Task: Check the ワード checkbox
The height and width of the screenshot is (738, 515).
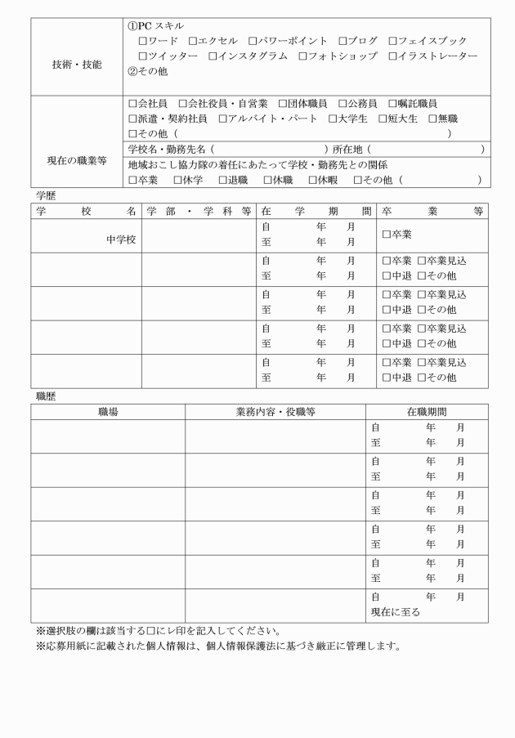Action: pos(143,41)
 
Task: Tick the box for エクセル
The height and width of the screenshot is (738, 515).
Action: pos(192,41)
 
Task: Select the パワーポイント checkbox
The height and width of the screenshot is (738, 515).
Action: pos(253,41)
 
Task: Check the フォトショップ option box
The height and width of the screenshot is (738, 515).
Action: pos(302,56)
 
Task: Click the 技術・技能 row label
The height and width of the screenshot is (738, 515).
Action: pos(77,64)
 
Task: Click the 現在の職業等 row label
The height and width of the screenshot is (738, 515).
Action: pos(77,161)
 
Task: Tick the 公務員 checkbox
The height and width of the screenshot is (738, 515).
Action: pos(343,104)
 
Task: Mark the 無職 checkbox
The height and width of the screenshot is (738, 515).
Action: pos(432,119)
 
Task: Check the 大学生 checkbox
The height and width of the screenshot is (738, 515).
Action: pos(333,119)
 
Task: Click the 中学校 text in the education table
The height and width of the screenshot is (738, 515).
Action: pos(121,240)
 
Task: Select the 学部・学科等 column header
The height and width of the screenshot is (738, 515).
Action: pos(199,211)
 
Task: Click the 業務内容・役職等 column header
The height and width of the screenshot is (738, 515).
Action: pos(275,412)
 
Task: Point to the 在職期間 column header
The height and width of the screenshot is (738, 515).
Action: pos(427,412)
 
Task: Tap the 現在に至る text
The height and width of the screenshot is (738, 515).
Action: pos(396,612)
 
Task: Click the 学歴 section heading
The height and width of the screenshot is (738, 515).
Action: pos(46,197)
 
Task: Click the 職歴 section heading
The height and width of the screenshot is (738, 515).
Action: pos(46,396)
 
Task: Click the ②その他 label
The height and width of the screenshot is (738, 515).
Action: pos(148,71)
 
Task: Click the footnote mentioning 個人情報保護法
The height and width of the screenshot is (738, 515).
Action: pos(218,646)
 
